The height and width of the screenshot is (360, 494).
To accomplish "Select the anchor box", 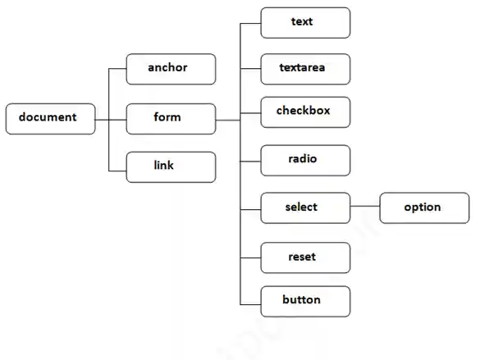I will click(x=171, y=69).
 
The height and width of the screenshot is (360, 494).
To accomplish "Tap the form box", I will click(x=171, y=118).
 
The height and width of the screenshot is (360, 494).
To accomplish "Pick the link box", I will click(x=171, y=166).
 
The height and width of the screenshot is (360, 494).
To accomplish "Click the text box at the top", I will click(x=305, y=23).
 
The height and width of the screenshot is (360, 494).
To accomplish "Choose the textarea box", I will click(x=305, y=69).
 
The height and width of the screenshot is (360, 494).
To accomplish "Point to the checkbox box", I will click(x=305, y=112).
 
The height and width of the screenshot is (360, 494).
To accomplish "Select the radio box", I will click(x=305, y=160).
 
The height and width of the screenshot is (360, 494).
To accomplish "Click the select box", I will click(x=305, y=207).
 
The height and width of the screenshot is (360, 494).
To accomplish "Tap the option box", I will click(x=424, y=207).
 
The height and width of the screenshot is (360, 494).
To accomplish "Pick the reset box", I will click(x=305, y=257).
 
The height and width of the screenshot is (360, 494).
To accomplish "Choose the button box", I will click(x=305, y=301).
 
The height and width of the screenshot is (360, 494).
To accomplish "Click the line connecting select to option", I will click(x=364, y=207).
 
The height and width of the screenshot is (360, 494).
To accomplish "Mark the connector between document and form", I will click(x=110, y=120).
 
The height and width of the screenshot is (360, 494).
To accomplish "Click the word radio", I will click(x=302, y=158).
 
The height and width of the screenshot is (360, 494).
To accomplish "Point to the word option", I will click(x=422, y=207).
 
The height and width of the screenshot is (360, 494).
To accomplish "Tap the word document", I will click(x=48, y=117).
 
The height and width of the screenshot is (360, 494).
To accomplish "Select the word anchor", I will click(x=167, y=67).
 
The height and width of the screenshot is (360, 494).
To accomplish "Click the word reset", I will click(x=301, y=257).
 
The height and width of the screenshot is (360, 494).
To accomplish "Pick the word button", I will click(x=301, y=299).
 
